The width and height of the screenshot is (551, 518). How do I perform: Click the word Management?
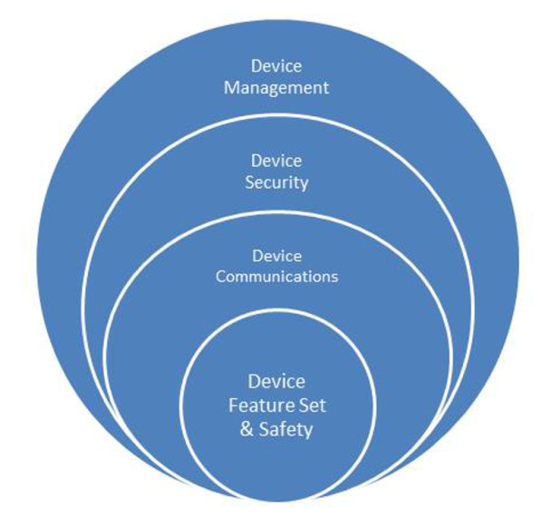tap(276, 88)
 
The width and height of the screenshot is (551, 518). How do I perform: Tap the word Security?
tap(276, 182)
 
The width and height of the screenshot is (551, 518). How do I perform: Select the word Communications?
tap(275, 276)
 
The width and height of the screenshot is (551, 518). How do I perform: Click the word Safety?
tap(284, 429)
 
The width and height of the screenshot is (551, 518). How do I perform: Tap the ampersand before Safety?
tap(246, 429)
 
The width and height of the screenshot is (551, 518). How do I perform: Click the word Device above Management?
tap(276, 66)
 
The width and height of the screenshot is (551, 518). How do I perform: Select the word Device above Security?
tap(276, 161)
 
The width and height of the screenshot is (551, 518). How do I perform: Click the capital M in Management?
tap(231, 88)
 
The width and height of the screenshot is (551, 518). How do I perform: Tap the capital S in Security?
tap(250, 182)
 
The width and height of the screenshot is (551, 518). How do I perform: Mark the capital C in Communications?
tap(220, 276)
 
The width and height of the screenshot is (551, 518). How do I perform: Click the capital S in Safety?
tap(262, 429)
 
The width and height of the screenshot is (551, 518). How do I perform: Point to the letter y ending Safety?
tap(307, 432)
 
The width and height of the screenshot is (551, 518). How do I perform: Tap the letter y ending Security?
tap(304, 185)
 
